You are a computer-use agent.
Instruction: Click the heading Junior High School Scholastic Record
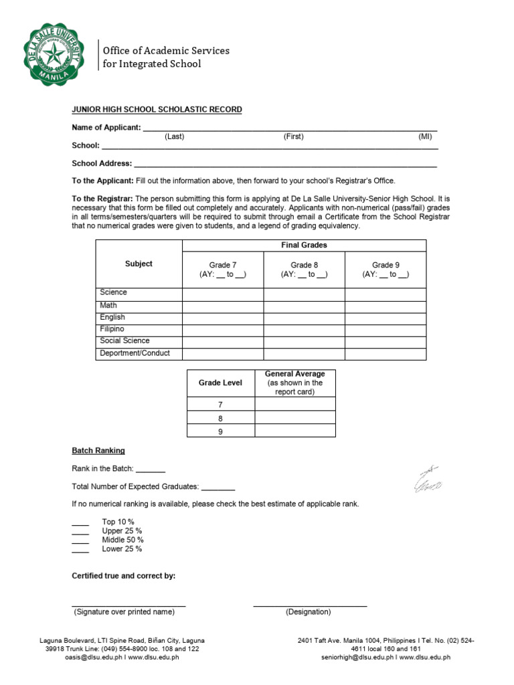(157, 110)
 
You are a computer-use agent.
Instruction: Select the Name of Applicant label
(106, 127)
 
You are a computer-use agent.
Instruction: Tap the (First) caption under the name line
(293, 136)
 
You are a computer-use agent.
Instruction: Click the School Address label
(102, 163)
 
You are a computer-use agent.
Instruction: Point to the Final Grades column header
(305, 246)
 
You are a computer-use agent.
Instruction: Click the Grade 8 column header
(305, 265)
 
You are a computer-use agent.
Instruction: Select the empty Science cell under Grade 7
(223, 294)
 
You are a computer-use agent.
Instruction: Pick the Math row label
(108, 306)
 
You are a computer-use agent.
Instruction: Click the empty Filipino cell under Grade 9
(385, 330)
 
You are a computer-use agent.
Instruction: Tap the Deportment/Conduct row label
(135, 353)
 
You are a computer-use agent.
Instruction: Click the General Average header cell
(295, 383)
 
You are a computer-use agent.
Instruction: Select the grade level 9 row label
(220, 431)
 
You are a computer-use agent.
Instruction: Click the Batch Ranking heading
(98, 451)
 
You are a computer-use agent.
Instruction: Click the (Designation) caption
(309, 612)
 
